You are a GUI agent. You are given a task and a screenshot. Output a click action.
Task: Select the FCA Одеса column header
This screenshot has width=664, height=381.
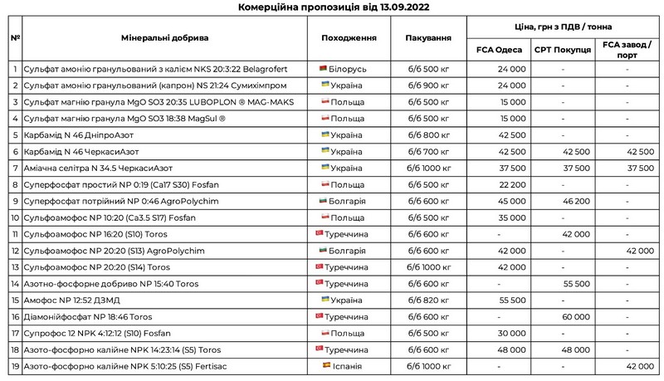499,49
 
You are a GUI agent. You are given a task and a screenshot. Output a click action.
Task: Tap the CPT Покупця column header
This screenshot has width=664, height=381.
563,49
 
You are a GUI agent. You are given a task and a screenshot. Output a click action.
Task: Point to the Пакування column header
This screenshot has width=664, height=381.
428,38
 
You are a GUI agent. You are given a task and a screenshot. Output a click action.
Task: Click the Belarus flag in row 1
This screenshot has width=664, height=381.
324,68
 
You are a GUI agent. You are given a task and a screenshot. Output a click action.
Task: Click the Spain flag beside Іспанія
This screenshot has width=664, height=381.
325,365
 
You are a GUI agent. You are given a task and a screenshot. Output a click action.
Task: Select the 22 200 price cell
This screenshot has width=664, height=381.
512,183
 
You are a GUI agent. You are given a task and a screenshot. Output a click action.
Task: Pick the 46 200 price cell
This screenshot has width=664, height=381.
576,200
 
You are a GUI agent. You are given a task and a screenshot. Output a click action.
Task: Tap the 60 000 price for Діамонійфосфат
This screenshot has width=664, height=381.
576,316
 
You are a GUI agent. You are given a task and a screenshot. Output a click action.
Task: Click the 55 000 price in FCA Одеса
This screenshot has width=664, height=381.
512,300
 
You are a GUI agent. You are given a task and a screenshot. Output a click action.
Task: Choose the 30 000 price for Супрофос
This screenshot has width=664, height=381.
512,333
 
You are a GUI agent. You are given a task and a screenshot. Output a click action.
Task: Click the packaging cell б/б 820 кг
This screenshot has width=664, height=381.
428,300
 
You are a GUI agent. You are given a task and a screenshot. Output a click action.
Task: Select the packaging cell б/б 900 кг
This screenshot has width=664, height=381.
428,85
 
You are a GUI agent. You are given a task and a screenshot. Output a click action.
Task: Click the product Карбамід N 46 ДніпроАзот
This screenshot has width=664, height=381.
79,134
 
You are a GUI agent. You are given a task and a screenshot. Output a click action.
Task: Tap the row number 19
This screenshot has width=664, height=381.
15,365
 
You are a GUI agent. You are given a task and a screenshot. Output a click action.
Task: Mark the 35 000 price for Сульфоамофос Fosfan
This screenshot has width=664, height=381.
512,217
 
